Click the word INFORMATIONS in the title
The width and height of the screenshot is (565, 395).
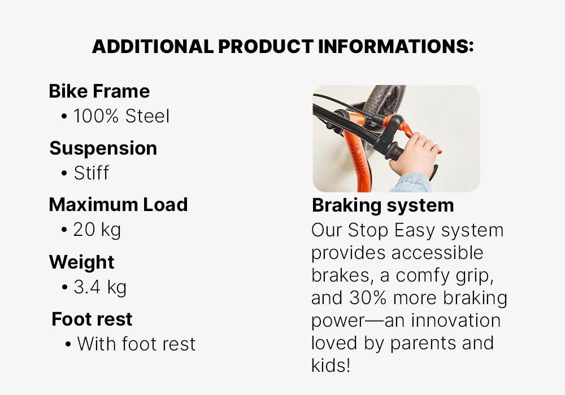pyautogui.click(x=396, y=47)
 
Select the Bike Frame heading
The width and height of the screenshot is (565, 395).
pyautogui.click(x=99, y=91)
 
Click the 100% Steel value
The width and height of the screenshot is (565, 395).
pyautogui.click(x=121, y=116)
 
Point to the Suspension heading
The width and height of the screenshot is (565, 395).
pyautogui.click(x=103, y=148)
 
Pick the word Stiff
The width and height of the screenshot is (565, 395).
pyautogui.click(x=92, y=173)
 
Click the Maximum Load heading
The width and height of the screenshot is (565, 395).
pyautogui.click(x=118, y=204)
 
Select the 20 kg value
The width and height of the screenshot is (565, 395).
pyautogui.click(x=97, y=230)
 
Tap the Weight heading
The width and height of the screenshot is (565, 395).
pyautogui.click(x=81, y=262)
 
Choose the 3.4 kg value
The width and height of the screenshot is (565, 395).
pyautogui.click(x=100, y=287)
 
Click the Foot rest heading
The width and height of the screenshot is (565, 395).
pyautogui.click(x=92, y=319)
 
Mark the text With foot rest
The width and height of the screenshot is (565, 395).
pyautogui.click(x=136, y=344)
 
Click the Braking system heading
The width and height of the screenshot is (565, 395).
pyautogui.click(x=383, y=205)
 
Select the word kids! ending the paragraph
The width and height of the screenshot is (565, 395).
pyautogui.click(x=331, y=365)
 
